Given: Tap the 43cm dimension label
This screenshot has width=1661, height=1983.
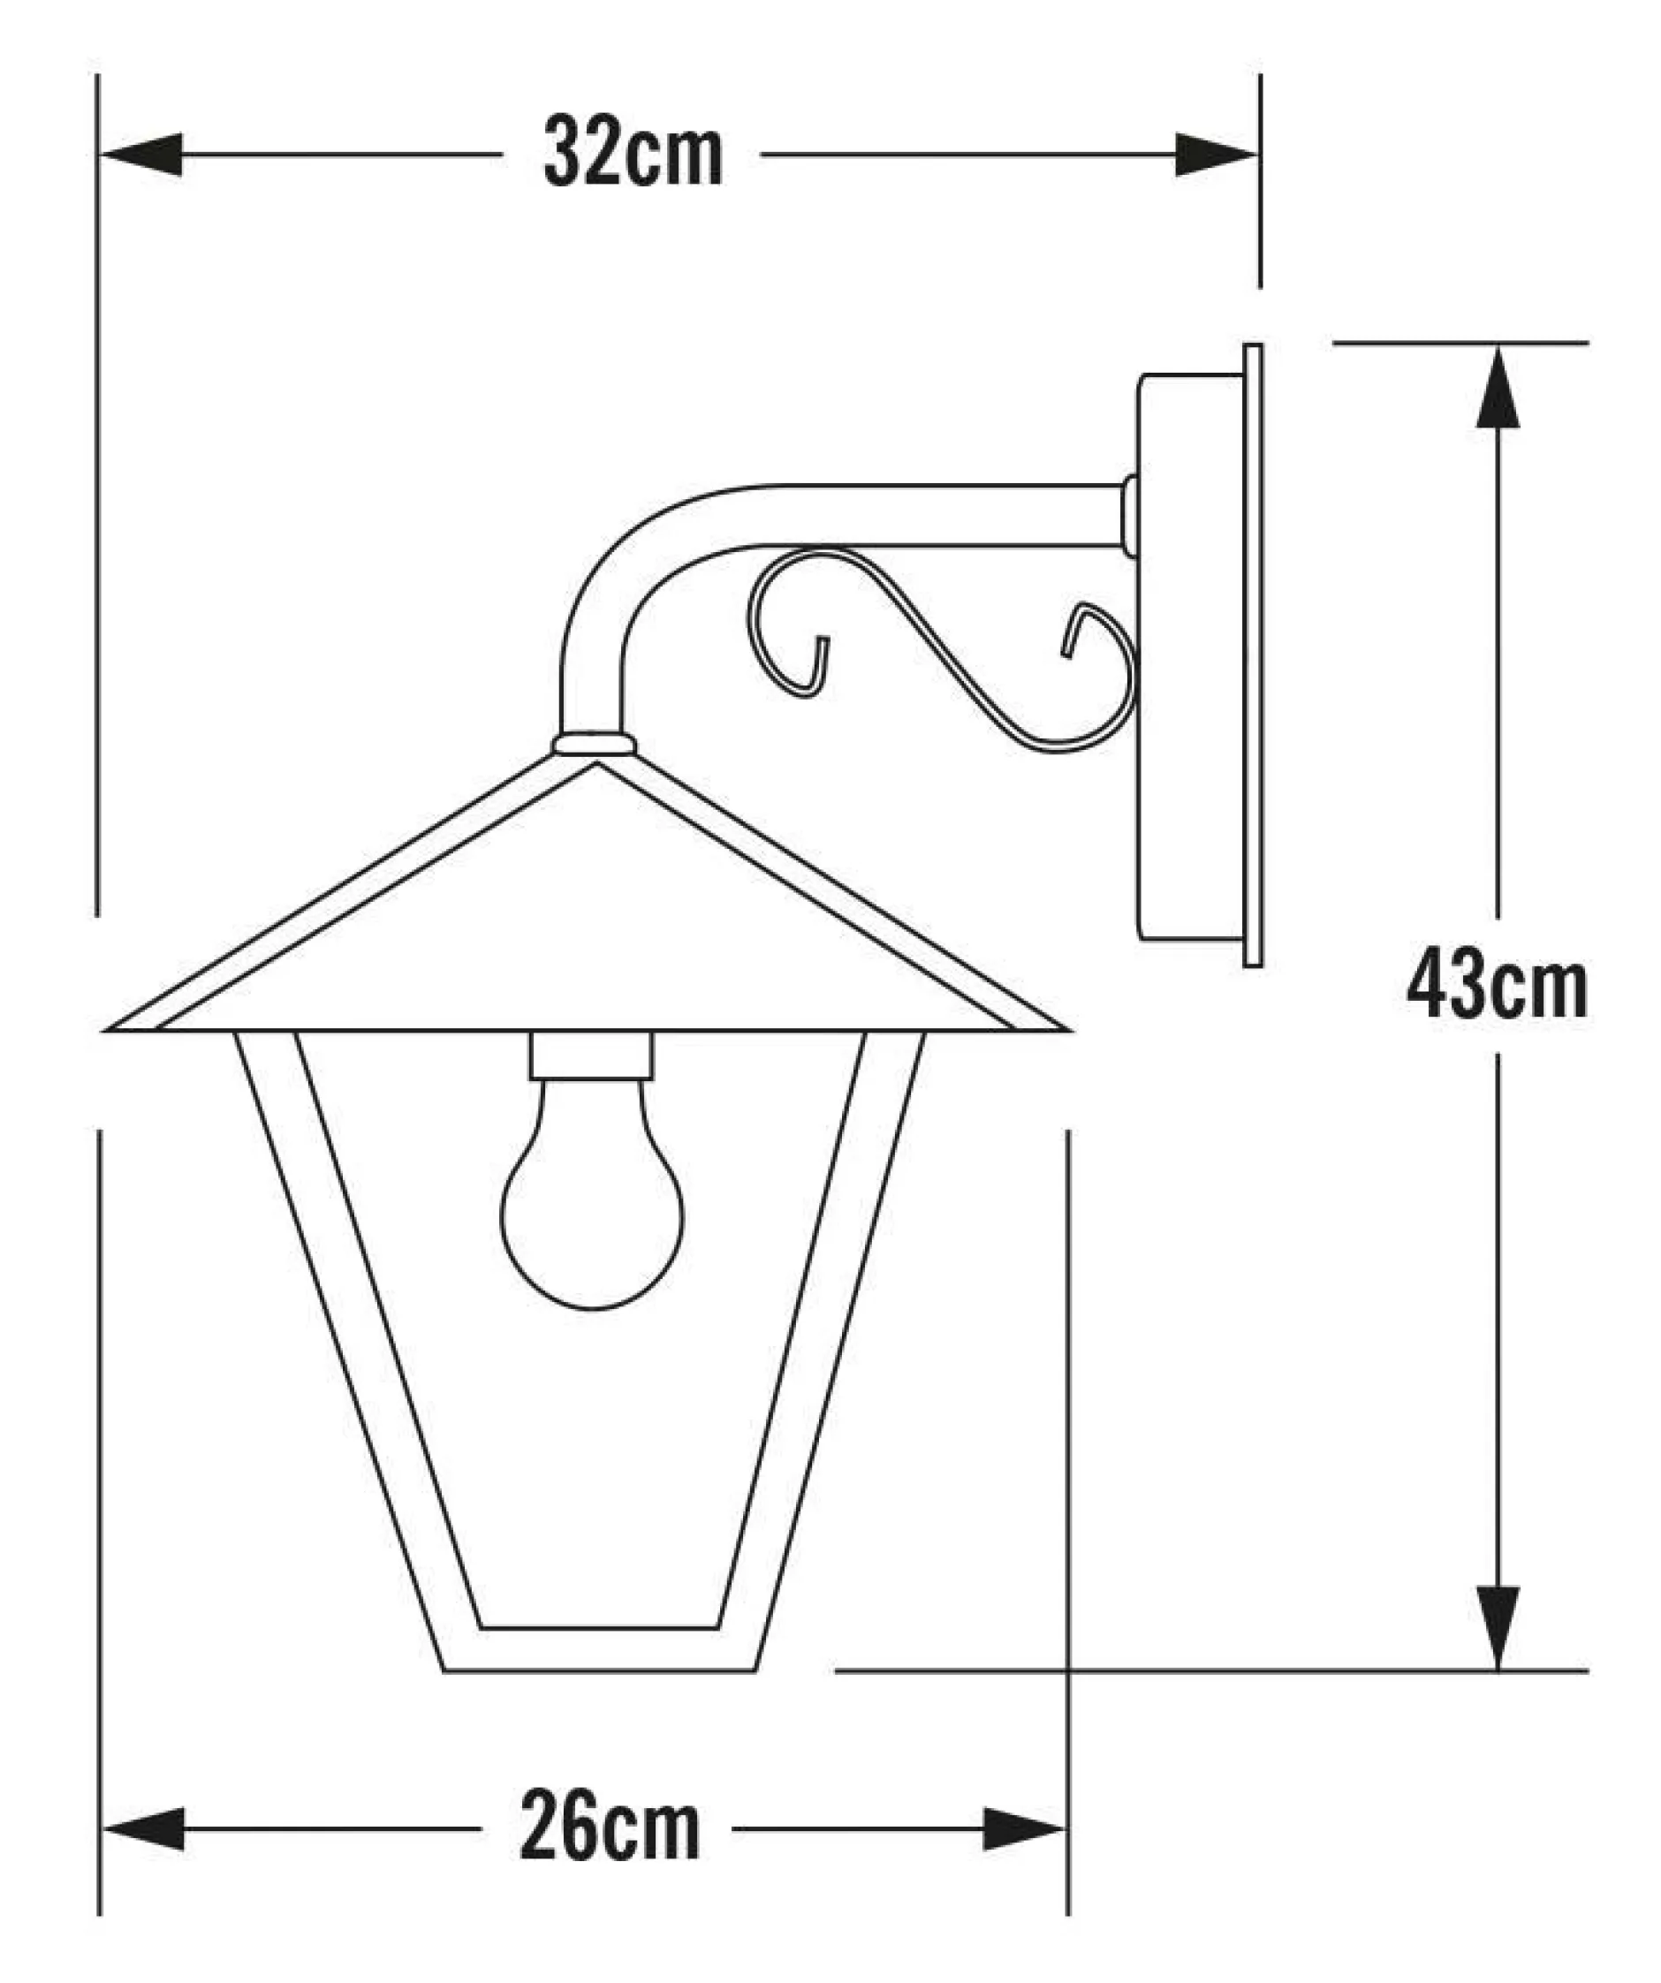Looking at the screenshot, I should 1497,987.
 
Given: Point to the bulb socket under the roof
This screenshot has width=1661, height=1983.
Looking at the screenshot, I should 592,1056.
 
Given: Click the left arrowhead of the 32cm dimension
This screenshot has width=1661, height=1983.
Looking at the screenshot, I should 141,154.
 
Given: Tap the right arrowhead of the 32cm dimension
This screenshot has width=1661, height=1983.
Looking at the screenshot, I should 1217,154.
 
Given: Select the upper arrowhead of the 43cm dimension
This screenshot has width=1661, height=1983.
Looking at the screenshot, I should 1498,387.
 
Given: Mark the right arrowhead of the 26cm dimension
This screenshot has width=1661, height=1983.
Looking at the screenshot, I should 1025,1829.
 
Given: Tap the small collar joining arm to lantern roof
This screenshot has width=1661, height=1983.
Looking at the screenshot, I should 594,744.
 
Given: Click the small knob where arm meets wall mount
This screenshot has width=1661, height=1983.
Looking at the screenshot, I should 1128,515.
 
